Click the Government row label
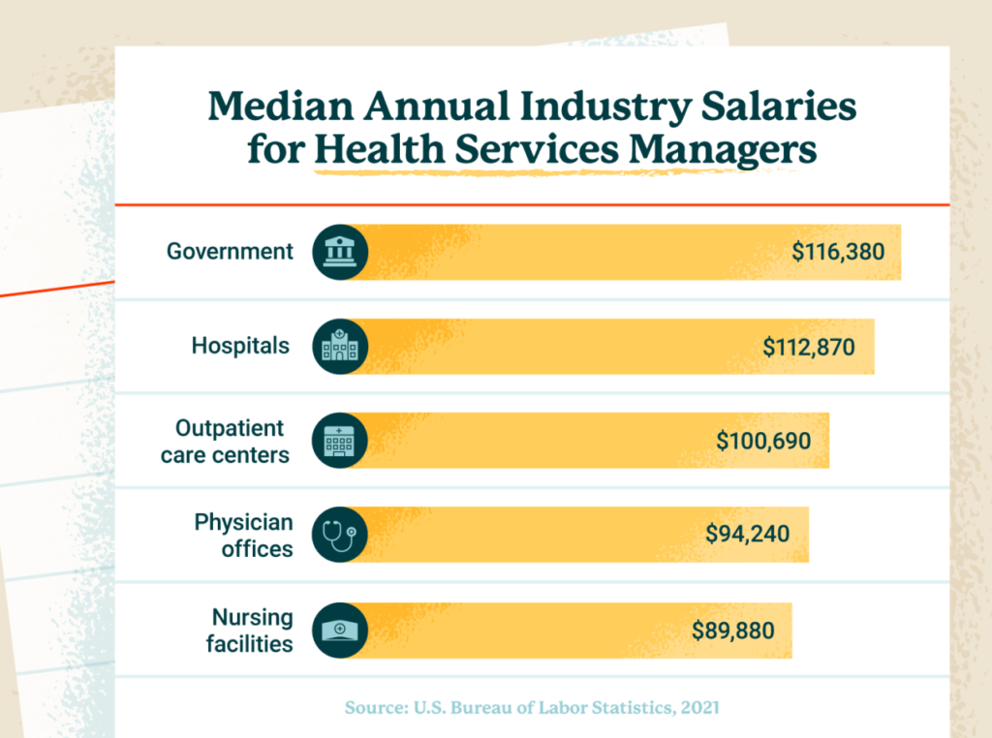[x=230, y=252]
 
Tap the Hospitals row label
[x=240, y=346]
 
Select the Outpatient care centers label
[x=225, y=441]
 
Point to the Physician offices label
[x=243, y=535]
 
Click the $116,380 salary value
[x=838, y=253]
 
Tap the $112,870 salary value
[x=809, y=347]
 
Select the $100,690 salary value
[x=763, y=441]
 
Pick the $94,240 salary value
[x=748, y=535]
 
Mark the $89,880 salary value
[x=733, y=631]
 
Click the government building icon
[x=340, y=253]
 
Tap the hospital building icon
[x=340, y=347]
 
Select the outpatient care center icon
[x=340, y=441]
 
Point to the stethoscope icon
[x=340, y=535]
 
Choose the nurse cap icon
[x=340, y=630]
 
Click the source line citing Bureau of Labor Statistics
[x=532, y=708]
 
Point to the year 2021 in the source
[x=699, y=708]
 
